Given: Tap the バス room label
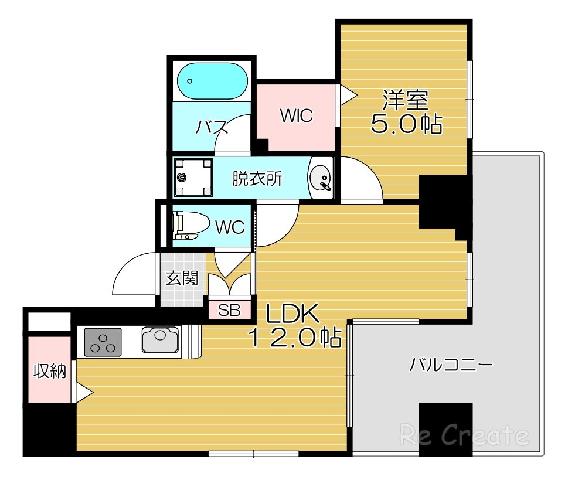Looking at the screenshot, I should (x=212, y=126).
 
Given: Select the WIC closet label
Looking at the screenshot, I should (x=296, y=115).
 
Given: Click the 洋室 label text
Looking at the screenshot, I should (x=406, y=100).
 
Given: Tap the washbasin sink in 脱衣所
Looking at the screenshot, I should (x=321, y=178).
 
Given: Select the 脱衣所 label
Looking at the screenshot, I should (x=257, y=178).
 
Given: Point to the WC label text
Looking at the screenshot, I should (x=230, y=227).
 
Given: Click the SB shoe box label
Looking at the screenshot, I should (x=229, y=310).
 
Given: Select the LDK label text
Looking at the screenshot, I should (x=292, y=315).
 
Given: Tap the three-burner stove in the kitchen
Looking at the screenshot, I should (x=103, y=342).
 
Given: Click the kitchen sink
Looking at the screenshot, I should (x=159, y=340).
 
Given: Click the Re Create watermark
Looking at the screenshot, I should (x=464, y=435).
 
